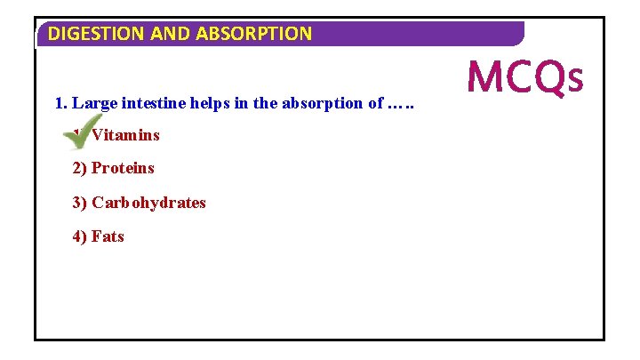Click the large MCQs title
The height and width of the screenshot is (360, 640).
pos(525,77)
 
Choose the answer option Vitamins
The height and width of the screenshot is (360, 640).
pos(125,135)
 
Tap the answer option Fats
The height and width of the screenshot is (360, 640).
pos(108,236)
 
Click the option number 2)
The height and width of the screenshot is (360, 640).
pos(80,168)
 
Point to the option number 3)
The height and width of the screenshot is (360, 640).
pos(80,202)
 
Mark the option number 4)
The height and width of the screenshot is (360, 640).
pos(80,236)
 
